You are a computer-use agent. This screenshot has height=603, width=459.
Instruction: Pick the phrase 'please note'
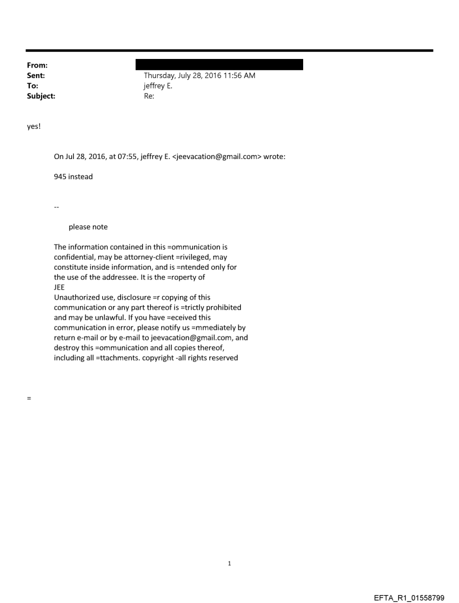click(88, 227)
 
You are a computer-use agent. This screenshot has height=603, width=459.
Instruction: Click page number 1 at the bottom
click(229, 563)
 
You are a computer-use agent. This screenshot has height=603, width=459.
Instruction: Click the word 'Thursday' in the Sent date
click(160, 75)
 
